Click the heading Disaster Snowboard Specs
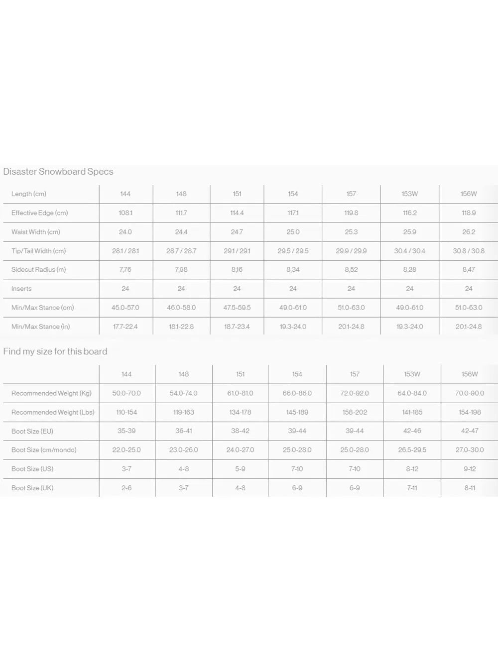point(58,172)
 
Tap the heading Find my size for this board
point(55,351)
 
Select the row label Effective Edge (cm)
point(39,213)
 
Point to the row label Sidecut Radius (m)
point(38,270)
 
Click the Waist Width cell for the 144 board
point(125,232)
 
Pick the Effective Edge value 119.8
point(351,213)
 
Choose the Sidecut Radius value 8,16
point(237,270)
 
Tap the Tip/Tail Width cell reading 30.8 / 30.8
point(469,251)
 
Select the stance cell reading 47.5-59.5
point(237,308)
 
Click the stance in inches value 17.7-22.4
point(125,327)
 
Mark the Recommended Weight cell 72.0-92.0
point(355,393)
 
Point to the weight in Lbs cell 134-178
point(240,412)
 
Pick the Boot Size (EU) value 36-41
point(183,431)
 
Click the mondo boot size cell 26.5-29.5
point(412,450)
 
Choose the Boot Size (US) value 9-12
point(470,469)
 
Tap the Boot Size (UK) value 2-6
point(126,488)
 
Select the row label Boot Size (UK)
point(32,488)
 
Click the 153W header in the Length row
point(410,194)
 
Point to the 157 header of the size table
point(355,374)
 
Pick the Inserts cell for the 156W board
point(469,289)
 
